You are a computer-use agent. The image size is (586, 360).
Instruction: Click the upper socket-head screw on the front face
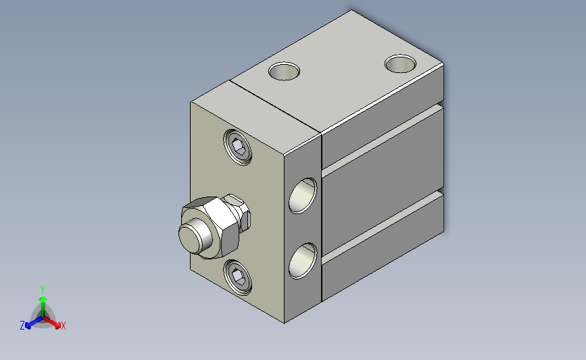tap(237, 147)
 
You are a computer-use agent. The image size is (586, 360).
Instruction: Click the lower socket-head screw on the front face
tap(237, 277)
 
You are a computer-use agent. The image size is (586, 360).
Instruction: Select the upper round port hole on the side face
tap(303, 196)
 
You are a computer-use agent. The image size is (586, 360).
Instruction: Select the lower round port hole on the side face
tap(303, 261)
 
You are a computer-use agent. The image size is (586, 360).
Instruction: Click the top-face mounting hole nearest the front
tap(284, 72)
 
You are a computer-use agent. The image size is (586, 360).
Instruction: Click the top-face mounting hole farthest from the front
tap(400, 63)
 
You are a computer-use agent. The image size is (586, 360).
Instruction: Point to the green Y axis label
tap(43, 290)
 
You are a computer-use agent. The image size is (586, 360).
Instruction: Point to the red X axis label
tap(63, 326)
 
